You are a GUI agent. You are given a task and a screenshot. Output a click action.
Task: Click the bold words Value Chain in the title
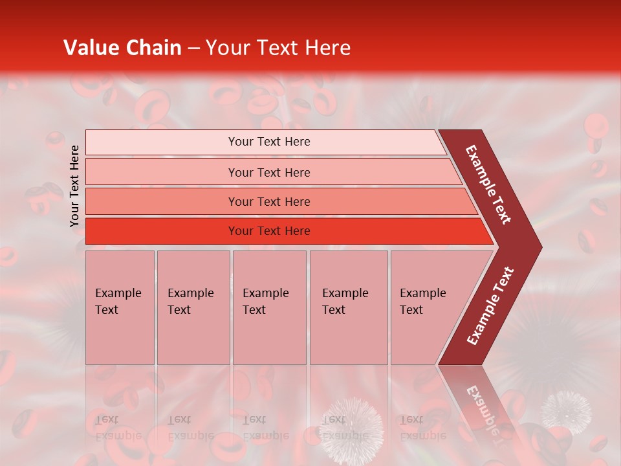[x=122, y=48]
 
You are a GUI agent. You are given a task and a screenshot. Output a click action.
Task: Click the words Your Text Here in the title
[x=278, y=48]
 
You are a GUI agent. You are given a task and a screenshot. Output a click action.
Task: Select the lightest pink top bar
[x=162, y=142]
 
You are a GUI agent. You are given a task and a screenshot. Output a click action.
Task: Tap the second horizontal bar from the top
[x=162, y=172]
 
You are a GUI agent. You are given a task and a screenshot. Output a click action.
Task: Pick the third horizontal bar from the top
[x=162, y=201]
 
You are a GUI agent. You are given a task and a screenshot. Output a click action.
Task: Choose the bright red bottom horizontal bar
[x=162, y=231]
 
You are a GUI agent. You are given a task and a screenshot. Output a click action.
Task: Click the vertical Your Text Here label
[x=75, y=186]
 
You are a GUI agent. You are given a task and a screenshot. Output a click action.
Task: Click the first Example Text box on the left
[x=120, y=307]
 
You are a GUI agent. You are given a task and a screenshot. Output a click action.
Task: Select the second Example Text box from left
[x=193, y=307]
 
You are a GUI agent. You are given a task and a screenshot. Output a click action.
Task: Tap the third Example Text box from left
[x=269, y=307]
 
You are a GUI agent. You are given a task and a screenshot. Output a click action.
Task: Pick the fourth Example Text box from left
[x=348, y=307]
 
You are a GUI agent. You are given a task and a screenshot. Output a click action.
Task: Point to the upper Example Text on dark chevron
[x=488, y=184]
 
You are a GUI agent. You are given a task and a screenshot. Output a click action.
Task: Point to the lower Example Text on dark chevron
[x=490, y=306]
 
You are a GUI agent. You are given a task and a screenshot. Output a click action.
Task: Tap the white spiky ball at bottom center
[x=352, y=424]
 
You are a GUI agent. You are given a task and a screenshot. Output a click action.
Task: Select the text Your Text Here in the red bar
[x=269, y=231]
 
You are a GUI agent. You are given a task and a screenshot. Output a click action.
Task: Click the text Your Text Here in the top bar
[x=269, y=142]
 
